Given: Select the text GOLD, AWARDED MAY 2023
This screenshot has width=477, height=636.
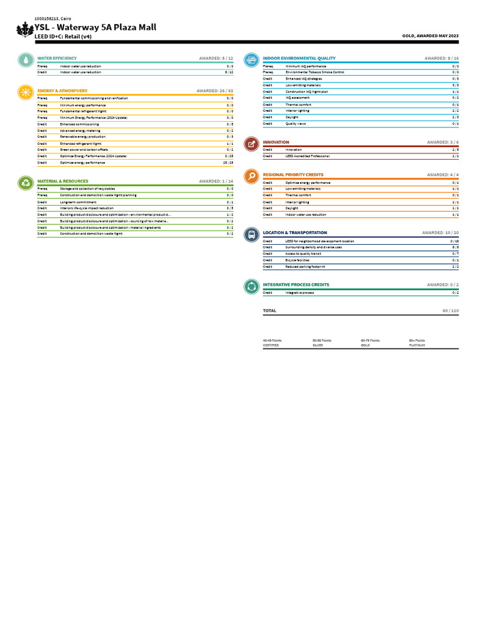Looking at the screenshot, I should [x=431, y=36].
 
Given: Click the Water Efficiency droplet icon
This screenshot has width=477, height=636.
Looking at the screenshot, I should [x=25, y=60].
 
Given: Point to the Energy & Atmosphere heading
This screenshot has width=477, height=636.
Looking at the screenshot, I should [x=62, y=91].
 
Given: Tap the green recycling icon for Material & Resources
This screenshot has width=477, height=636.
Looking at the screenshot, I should [x=25, y=183].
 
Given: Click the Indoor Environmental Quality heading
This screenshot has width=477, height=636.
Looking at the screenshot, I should [x=299, y=58].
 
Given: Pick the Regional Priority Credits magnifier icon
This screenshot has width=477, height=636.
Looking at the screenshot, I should [x=251, y=176].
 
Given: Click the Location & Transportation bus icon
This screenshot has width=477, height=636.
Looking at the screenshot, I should [x=251, y=234].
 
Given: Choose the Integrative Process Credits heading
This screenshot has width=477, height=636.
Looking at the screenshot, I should [x=296, y=285].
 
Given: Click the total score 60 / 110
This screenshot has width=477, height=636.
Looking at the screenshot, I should [x=450, y=311].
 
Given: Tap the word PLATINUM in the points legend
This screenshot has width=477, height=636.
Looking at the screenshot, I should [x=417, y=345].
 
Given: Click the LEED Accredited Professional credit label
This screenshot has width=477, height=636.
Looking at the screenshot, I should [x=307, y=156].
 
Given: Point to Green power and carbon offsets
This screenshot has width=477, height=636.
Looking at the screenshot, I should [x=84, y=150].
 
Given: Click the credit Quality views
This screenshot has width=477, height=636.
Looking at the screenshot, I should [x=296, y=124].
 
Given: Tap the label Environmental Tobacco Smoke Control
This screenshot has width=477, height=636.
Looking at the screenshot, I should [x=315, y=72].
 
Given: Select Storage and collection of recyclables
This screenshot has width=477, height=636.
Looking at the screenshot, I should [x=87, y=188].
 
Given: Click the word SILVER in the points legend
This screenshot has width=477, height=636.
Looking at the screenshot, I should [x=318, y=345].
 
